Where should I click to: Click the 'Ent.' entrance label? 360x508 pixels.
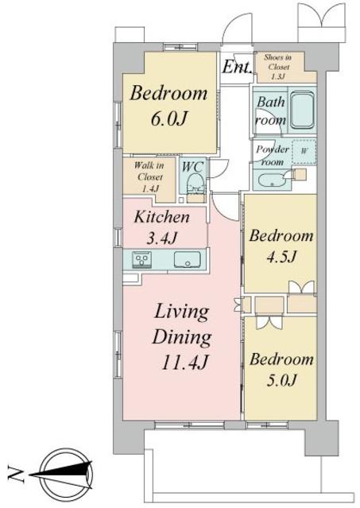(237, 67)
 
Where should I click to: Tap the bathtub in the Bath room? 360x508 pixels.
(302, 111)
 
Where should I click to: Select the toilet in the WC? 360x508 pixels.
(195, 184)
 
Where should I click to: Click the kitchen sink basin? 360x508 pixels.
(187, 259)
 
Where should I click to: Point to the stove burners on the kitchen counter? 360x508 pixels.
(141, 260)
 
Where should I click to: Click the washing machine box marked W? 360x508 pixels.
(304, 152)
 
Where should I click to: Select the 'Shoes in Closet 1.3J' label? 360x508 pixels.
(278, 67)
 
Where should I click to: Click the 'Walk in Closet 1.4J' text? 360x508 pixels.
(149, 177)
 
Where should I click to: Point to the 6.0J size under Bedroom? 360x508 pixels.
(168, 118)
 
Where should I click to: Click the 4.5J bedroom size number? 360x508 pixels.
(281, 257)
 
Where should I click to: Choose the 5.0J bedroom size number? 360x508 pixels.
(281, 380)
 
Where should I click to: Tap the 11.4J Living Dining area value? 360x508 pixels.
(185, 362)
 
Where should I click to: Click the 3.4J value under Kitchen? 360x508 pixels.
(161, 238)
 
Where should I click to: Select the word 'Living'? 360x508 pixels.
(182, 313)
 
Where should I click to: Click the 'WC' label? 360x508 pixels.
(193, 167)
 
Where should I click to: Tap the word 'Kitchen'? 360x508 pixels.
(161, 217)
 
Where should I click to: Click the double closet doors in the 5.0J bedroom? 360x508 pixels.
(265, 322)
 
